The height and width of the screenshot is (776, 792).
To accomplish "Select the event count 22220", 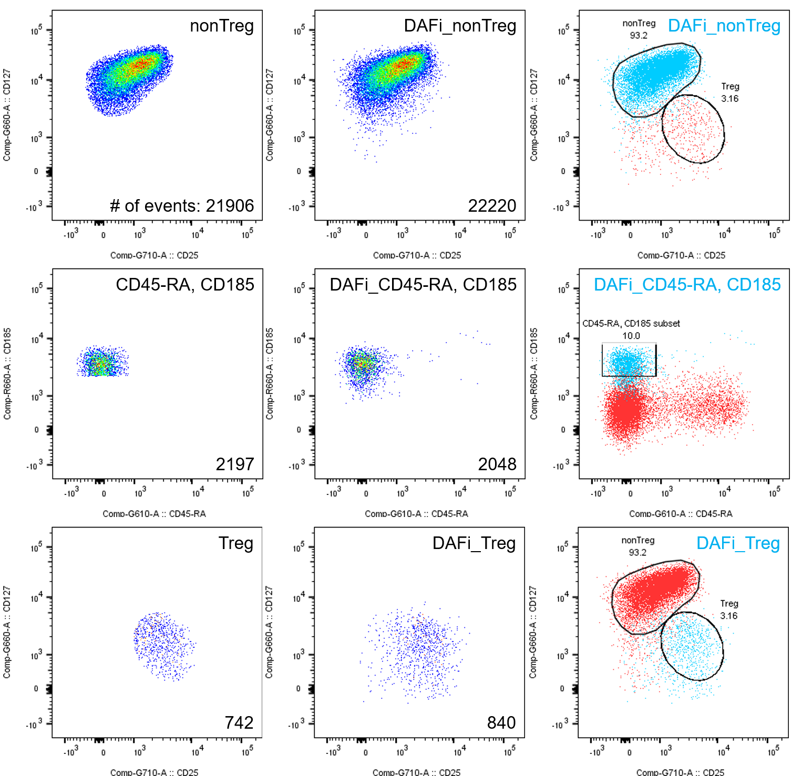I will coord(492,205).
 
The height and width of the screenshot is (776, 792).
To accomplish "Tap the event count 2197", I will coord(234,464).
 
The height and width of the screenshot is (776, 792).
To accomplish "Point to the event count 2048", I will coord(497,464).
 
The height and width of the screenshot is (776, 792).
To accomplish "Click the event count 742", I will coord(239,722).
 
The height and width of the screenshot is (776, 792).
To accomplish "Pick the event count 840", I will coord(501,722).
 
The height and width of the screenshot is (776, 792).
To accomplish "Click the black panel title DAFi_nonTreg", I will coord(460,26).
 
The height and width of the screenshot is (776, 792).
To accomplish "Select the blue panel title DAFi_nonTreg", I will coord(724,26).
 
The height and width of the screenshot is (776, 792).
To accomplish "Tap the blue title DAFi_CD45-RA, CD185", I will coord(687,284).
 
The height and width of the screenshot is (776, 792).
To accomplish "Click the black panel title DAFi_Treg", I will coord(474,543).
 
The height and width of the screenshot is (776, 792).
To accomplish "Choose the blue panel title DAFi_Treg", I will coord(737,543).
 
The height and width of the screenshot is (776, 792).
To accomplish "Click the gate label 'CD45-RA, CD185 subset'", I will coord(631,324).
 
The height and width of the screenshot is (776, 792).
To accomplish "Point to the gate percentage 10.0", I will coord(631,336).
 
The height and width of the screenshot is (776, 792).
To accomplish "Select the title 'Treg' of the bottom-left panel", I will coord(235,543).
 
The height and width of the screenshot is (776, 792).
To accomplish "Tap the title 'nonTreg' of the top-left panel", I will coord(221,26).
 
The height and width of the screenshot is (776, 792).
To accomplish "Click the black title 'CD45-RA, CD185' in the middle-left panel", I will coord(184,284).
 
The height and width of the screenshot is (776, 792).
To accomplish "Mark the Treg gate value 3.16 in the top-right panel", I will coord(729,98).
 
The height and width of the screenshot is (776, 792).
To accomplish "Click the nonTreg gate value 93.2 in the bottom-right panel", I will coord(637,552).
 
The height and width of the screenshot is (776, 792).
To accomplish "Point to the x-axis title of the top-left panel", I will coord(154,255).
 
